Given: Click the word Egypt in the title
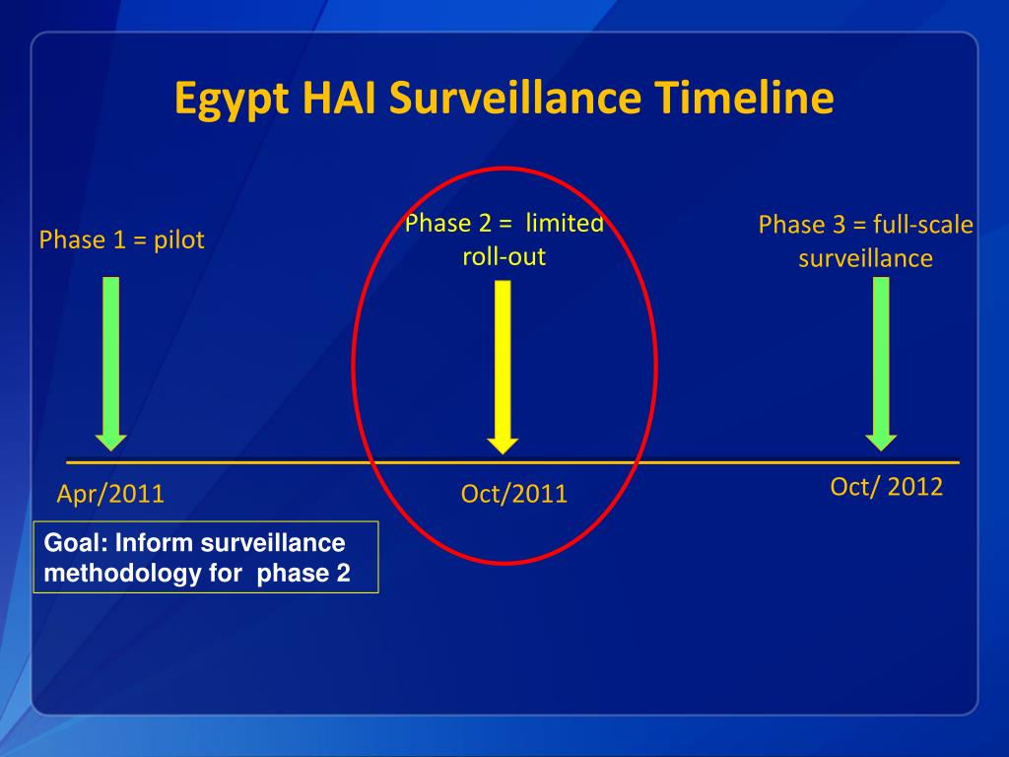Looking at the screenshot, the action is coord(232,100).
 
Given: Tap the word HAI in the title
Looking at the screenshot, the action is coord(340,98).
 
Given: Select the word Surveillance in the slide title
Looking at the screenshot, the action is coord(515,98).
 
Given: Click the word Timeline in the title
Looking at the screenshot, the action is coord(745,98).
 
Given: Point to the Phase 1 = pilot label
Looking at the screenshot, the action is coord(121,240).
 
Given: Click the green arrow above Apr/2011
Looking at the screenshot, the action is coord(110,364).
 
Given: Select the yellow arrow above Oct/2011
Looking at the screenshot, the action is coord(503,367).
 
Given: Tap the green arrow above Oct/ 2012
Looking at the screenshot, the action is coord(881,364).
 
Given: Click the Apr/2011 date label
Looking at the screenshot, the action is coord(110,494).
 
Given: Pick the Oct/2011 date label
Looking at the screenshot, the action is coord(514,494).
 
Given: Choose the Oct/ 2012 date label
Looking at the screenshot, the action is coord(887,487).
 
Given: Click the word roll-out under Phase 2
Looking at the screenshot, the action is coord(504,257).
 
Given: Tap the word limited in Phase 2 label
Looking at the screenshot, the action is coord(565,223).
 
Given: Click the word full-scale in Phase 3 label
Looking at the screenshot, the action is coord(922,225).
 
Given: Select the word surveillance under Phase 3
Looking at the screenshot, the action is coord(865,259).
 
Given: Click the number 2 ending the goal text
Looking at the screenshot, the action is coord(343,573).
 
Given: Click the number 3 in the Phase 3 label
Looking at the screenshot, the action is coord(839,225).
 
